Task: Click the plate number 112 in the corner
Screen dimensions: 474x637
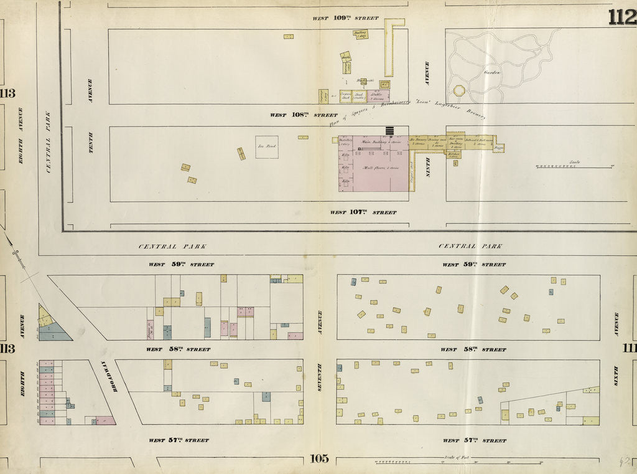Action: (x=622, y=17)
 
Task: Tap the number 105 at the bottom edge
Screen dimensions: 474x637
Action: (x=319, y=459)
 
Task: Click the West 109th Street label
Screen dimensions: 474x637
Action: (x=345, y=18)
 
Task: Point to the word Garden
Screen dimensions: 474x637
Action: (x=493, y=72)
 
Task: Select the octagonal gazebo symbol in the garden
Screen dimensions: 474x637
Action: (x=459, y=91)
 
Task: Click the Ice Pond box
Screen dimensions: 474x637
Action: (x=267, y=147)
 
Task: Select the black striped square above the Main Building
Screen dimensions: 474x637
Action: (x=391, y=130)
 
